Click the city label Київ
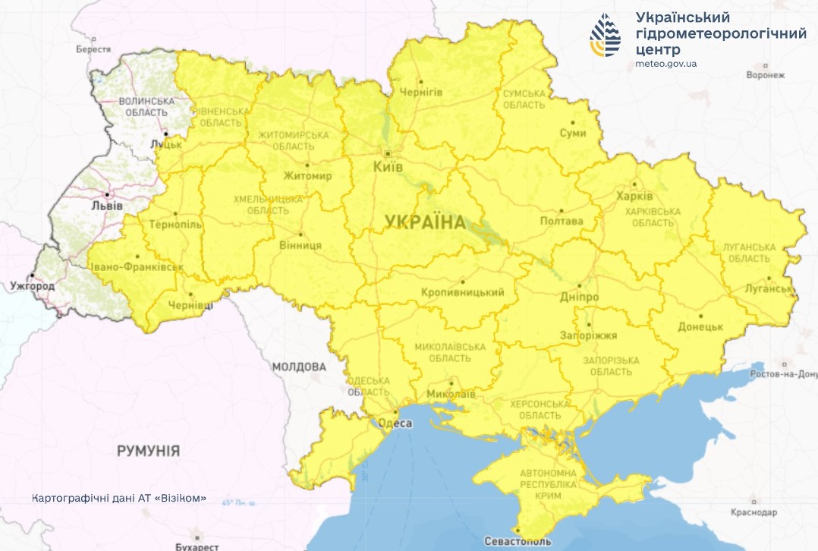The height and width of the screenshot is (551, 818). pos(388,166)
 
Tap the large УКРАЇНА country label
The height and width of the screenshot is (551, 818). pos(424,222)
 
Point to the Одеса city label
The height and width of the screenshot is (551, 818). pos(395,423)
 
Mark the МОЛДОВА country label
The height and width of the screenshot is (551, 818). pos(299,367)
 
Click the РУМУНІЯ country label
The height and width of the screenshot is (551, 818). pos(148,451)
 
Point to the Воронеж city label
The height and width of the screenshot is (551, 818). pos(765,75)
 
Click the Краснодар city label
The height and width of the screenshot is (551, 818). pos(755,512)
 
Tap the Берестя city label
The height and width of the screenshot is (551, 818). pos(88,49)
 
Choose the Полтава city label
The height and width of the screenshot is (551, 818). pos(561,222)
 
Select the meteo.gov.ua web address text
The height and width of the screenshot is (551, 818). pos(665,64)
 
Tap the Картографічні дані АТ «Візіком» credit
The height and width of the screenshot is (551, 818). pos(120,499)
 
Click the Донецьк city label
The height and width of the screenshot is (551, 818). pos(700,326)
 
